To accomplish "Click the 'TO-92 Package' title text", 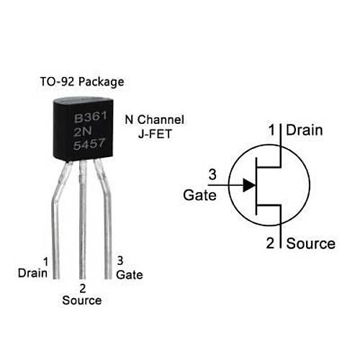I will pos(83,81).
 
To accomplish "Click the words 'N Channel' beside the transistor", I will pos(155,120).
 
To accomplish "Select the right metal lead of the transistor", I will pos(108,216).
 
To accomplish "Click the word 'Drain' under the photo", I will pos(32,274).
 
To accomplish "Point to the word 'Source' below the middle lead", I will pos(81,300).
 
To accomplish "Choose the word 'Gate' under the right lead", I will pos(130,274).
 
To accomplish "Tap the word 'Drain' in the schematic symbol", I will pos(305,130).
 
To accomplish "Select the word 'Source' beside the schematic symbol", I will pos(310,243).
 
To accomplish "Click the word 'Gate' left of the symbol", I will pos(199,194).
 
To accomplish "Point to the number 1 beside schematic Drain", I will pos(272,130).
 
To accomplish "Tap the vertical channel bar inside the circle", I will pos(258,184).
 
